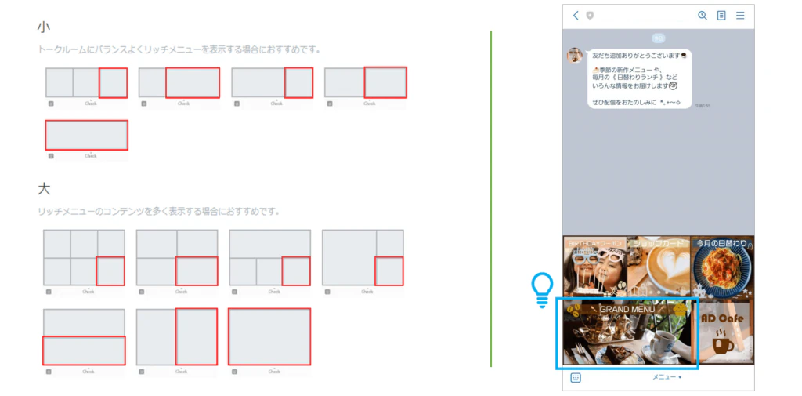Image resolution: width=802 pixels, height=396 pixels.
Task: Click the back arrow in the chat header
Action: (x=576, y=16)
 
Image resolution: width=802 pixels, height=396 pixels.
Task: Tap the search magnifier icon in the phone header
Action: (x=702, y=16)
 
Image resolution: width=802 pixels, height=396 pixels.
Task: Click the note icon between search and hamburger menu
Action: (x=721, y=16)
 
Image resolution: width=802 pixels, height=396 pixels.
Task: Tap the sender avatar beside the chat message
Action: (x=575, y=55)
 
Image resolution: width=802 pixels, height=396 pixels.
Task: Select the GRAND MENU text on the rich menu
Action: (x=627, y=310)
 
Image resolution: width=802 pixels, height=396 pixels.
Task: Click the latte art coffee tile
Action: (x=658, y=267)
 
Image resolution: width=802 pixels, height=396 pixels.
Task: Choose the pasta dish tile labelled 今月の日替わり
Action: (x=723, y=267)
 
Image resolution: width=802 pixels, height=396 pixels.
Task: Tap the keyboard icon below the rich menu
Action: (x=576, y=377)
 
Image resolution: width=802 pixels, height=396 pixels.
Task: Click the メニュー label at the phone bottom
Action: (x=667, y=377)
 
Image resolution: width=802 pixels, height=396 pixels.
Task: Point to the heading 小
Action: (x=43, y=27)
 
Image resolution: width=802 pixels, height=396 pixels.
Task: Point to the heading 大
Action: (x=43, y=189)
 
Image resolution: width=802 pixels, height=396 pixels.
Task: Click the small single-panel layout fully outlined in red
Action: (x=86, y=135)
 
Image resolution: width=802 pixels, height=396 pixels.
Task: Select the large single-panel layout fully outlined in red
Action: (x=269, y=336)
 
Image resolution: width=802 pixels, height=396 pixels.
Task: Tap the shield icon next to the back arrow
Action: (x=590, y=16)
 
